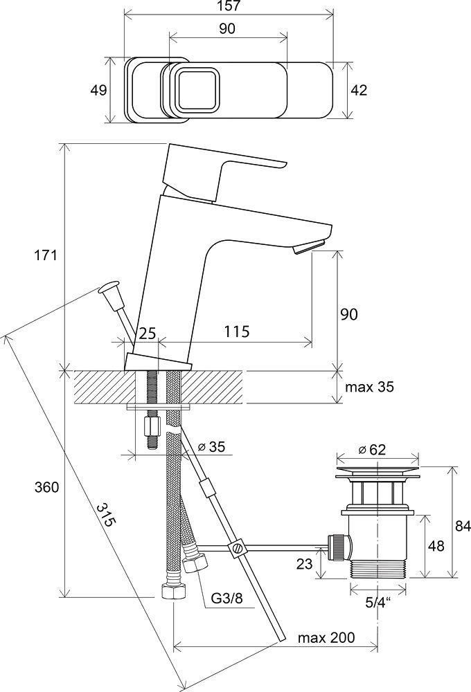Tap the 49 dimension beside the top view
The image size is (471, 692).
tap(99, 90)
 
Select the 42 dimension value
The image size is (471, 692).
tap(358, 90)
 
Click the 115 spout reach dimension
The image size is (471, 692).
tap(237, 332)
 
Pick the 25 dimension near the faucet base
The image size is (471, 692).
tap(147, 333)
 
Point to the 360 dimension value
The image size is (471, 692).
tap(46, 487)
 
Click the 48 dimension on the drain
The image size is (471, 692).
tap(437, 546)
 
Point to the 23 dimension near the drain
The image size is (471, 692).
tap(304, 564)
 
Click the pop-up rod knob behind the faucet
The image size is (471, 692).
tap(110, 287)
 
